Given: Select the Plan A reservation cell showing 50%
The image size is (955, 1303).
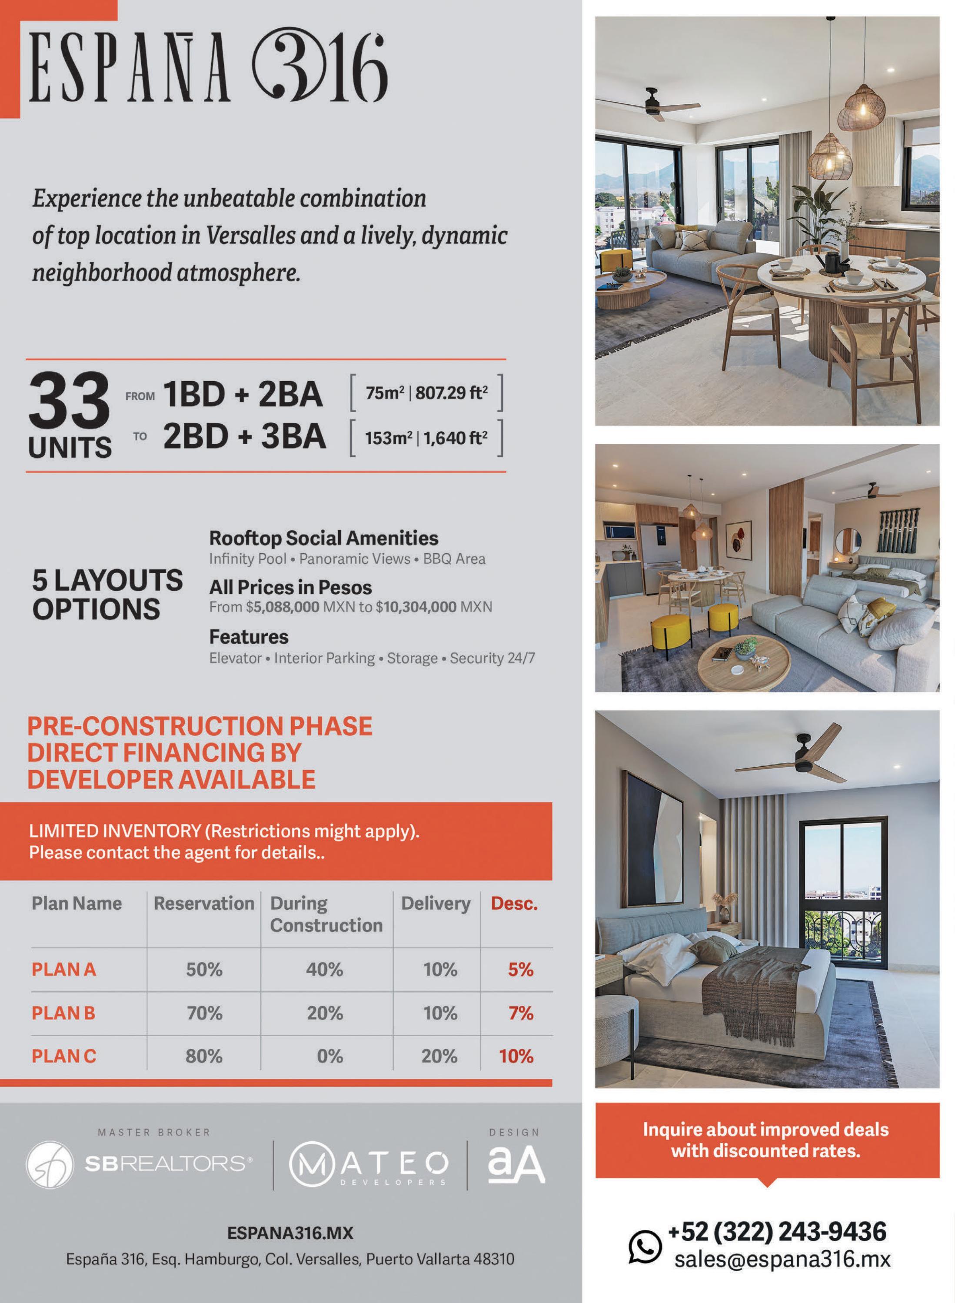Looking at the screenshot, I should (204, 970).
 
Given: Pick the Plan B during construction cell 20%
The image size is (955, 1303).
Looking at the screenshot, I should (324, 1013).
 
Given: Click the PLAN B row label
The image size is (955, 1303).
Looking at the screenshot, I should (63, 1013).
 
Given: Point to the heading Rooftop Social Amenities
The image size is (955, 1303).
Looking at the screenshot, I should (323, 538).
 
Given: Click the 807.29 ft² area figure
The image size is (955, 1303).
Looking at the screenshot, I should (451, 393).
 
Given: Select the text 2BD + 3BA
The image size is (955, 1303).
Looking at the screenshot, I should (244, 436).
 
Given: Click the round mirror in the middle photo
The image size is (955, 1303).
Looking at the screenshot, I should (848, 539).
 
